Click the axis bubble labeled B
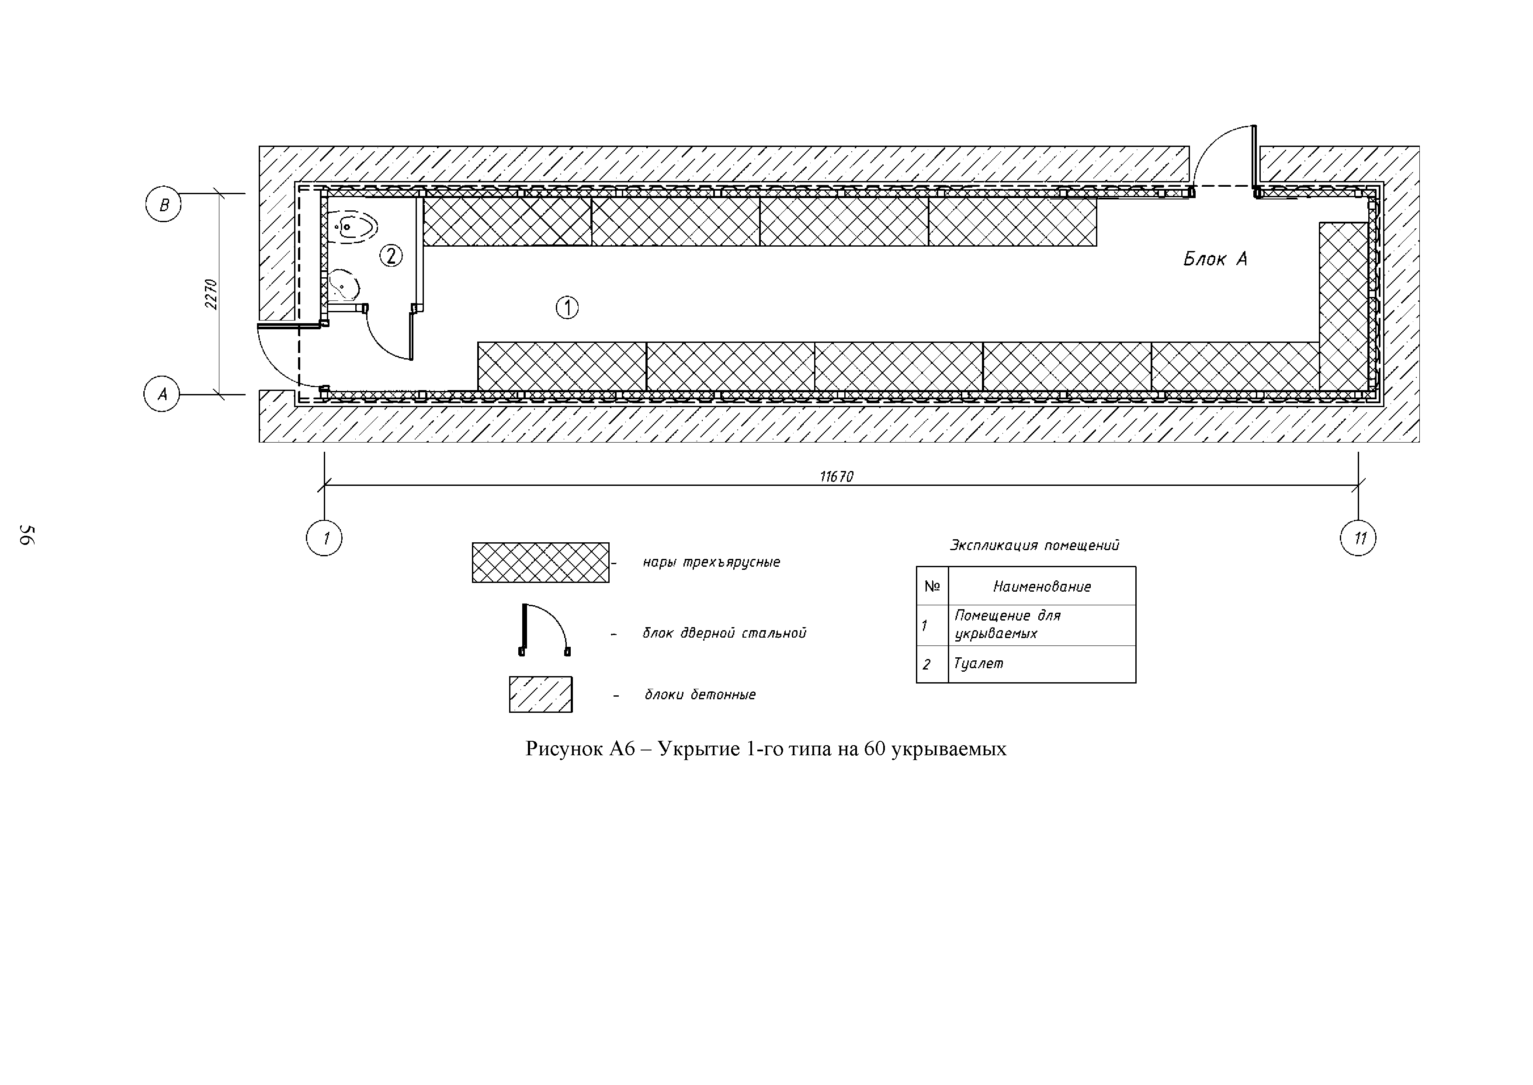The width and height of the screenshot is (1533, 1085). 163,204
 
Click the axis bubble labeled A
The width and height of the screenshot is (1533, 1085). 162,394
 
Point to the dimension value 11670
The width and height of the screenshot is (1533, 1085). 836,476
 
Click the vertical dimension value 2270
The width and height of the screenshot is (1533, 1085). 211,294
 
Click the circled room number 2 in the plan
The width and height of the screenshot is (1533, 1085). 391,255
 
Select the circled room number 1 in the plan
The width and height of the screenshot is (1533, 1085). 567,307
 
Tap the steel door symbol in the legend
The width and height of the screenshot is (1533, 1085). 544,631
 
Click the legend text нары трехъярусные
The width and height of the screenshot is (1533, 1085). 711,562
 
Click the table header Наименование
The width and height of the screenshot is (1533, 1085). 1041,586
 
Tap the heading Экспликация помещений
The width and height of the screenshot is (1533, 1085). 1034,545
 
